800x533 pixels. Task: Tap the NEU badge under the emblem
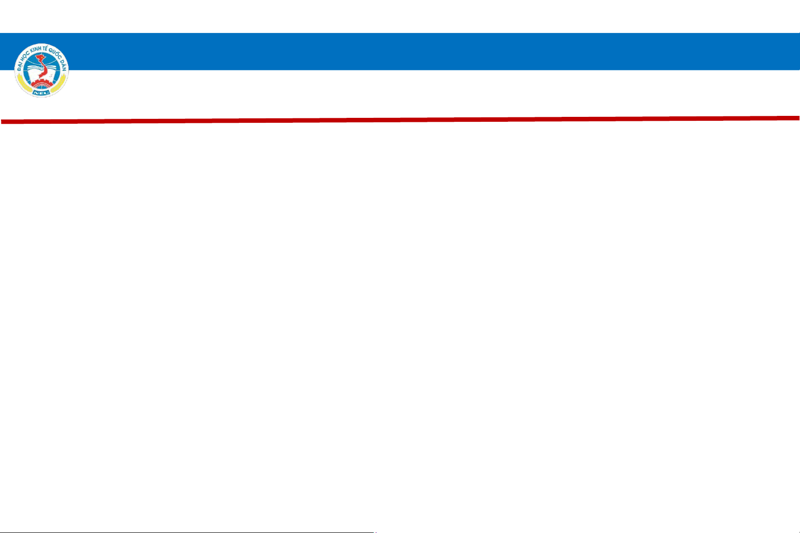click(41, 93)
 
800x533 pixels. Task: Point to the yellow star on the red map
click(41, 58)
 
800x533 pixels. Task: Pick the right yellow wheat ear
click(59, 84)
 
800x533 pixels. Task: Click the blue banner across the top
click(400, 51)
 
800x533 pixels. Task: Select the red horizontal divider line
click(400, 120)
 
